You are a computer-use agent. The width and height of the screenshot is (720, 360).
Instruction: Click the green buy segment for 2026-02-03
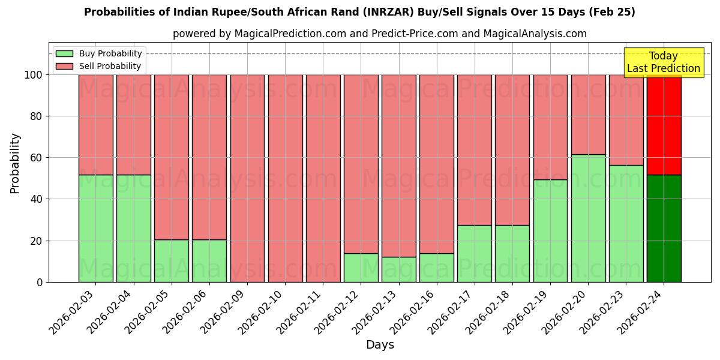(95, 228)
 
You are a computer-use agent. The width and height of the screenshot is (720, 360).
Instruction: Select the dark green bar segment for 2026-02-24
(664, 228)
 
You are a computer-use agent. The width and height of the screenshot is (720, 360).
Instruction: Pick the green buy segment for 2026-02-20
(588, 218)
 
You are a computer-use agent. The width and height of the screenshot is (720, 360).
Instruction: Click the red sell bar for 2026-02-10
(285, 178)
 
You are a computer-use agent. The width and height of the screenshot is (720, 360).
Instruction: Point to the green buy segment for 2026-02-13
(398, 269)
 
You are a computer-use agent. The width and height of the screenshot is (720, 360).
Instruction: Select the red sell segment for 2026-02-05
(172, 157)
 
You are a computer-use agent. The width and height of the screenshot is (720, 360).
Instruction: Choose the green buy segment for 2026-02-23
(626, 223)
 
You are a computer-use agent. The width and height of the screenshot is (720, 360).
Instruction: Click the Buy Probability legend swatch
(64, 53)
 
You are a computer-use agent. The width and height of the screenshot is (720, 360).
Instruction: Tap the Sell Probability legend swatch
(64, 66)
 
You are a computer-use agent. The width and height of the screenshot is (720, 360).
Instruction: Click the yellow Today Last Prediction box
(663, 62)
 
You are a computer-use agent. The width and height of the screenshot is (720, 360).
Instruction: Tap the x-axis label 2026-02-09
(223, 311)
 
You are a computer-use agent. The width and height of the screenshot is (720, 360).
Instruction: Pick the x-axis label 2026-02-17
(450, 311)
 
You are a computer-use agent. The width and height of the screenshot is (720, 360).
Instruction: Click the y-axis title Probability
(15, 163)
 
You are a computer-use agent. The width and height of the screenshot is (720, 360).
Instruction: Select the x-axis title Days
(380, 345)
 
